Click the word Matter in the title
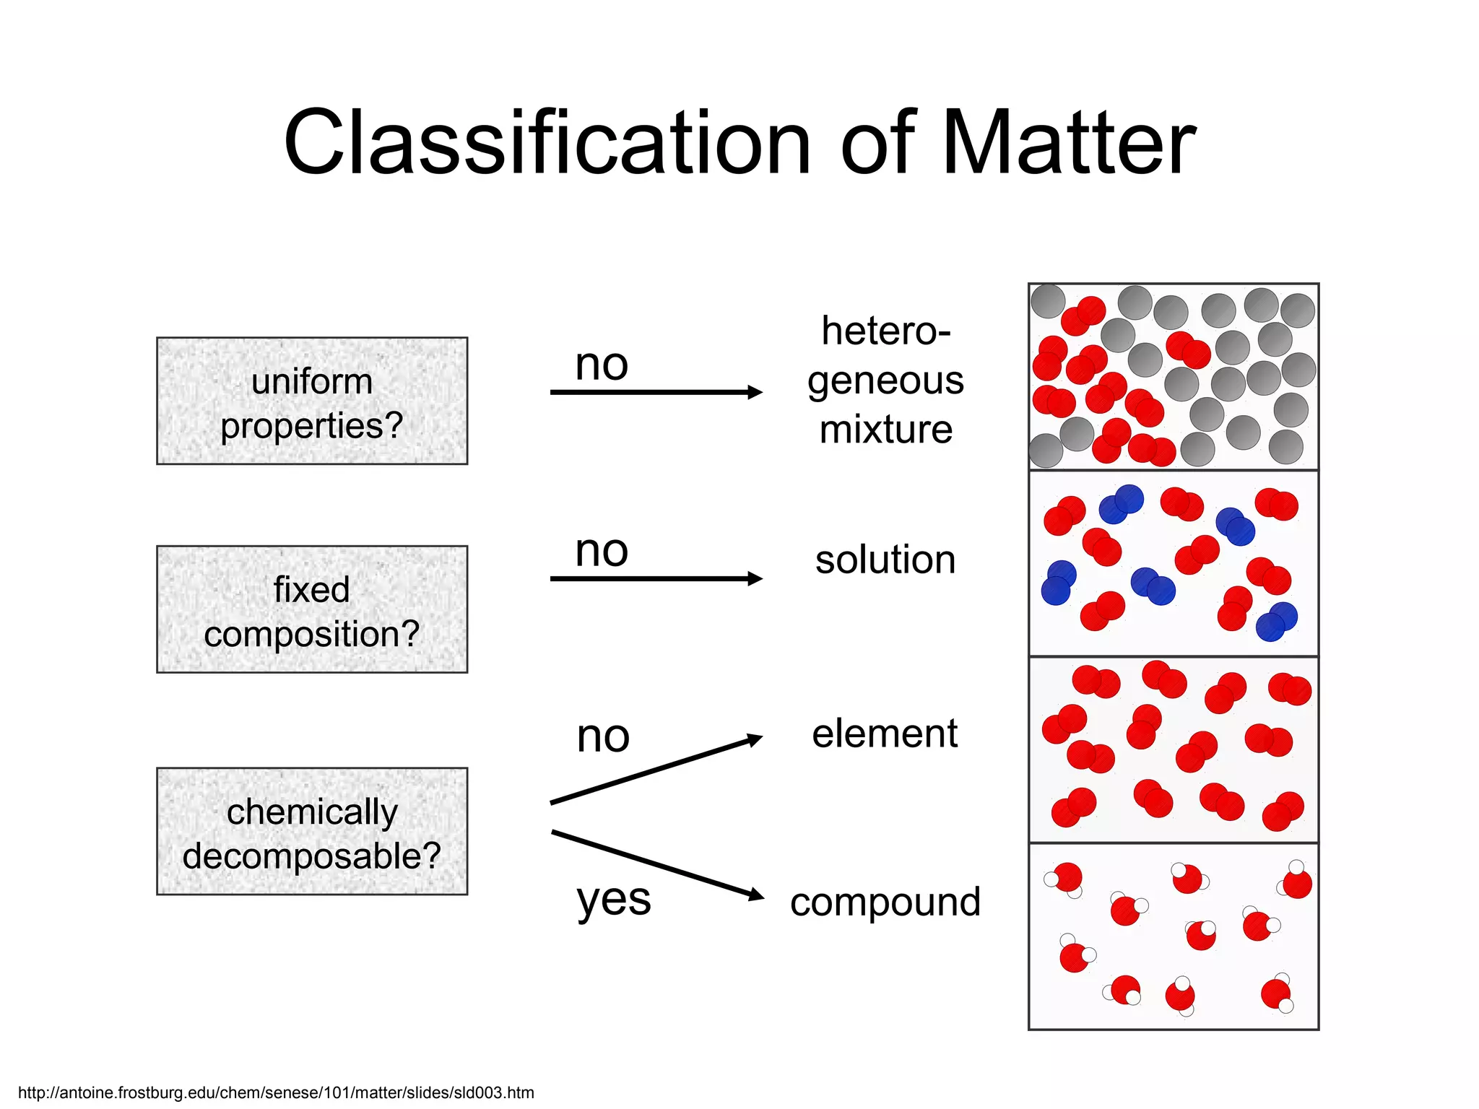click(1069, 143)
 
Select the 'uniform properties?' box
click(312, 401)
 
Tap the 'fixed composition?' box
click(312, 609)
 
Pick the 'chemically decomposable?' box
click(312, 832)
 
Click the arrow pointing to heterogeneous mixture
click(656, 392)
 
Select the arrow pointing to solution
click(656, 578)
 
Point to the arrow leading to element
click(656, 770)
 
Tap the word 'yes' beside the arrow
click(614, 900)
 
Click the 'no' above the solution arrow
click(602, 551)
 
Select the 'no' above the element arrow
click(603, 736)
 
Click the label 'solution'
click(885, 560)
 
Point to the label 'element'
click(885, 734)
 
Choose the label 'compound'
click(885, 902)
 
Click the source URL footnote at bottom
click(276, 1092)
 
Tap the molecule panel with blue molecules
click(1174, 563)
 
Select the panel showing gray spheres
click(1174, 377)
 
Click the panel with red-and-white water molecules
click(1174, 936)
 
